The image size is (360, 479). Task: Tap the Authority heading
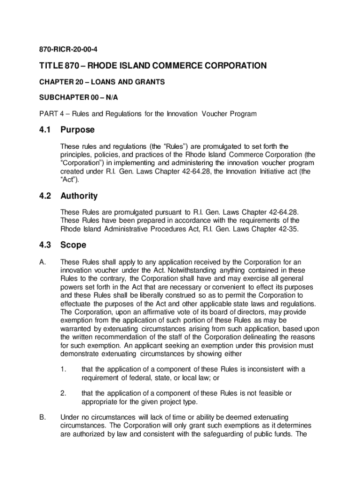coord(82,196)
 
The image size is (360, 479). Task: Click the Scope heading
coord(74,245)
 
